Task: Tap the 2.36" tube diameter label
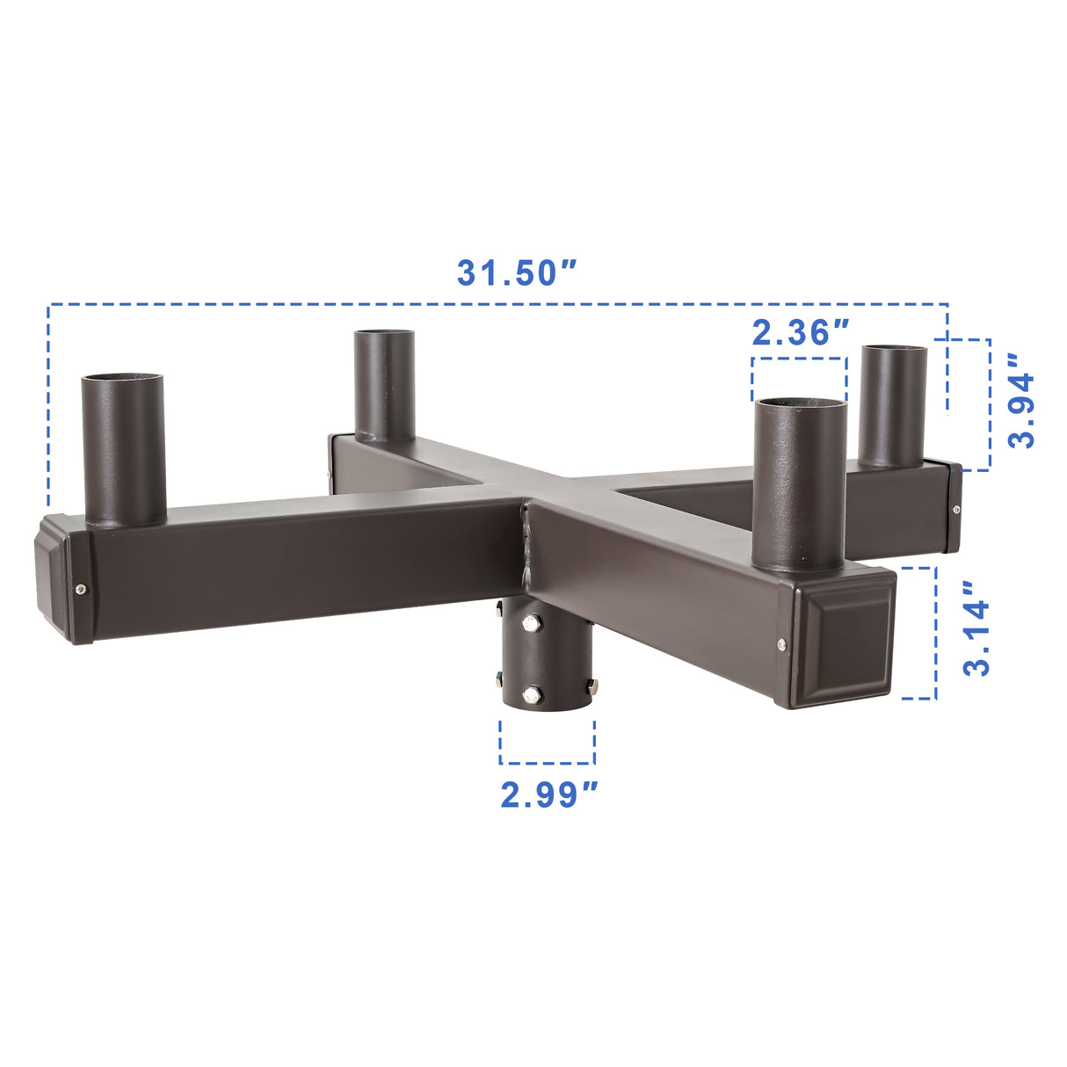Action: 800,332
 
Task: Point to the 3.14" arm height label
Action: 976,628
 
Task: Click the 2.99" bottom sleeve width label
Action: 548,795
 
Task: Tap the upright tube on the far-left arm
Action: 123,453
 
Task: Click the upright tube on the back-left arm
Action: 384,387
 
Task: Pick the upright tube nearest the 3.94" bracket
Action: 892,409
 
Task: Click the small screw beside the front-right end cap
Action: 781,647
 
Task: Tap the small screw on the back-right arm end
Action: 955,507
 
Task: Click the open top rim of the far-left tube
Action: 123,380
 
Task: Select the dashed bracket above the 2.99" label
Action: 548,743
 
